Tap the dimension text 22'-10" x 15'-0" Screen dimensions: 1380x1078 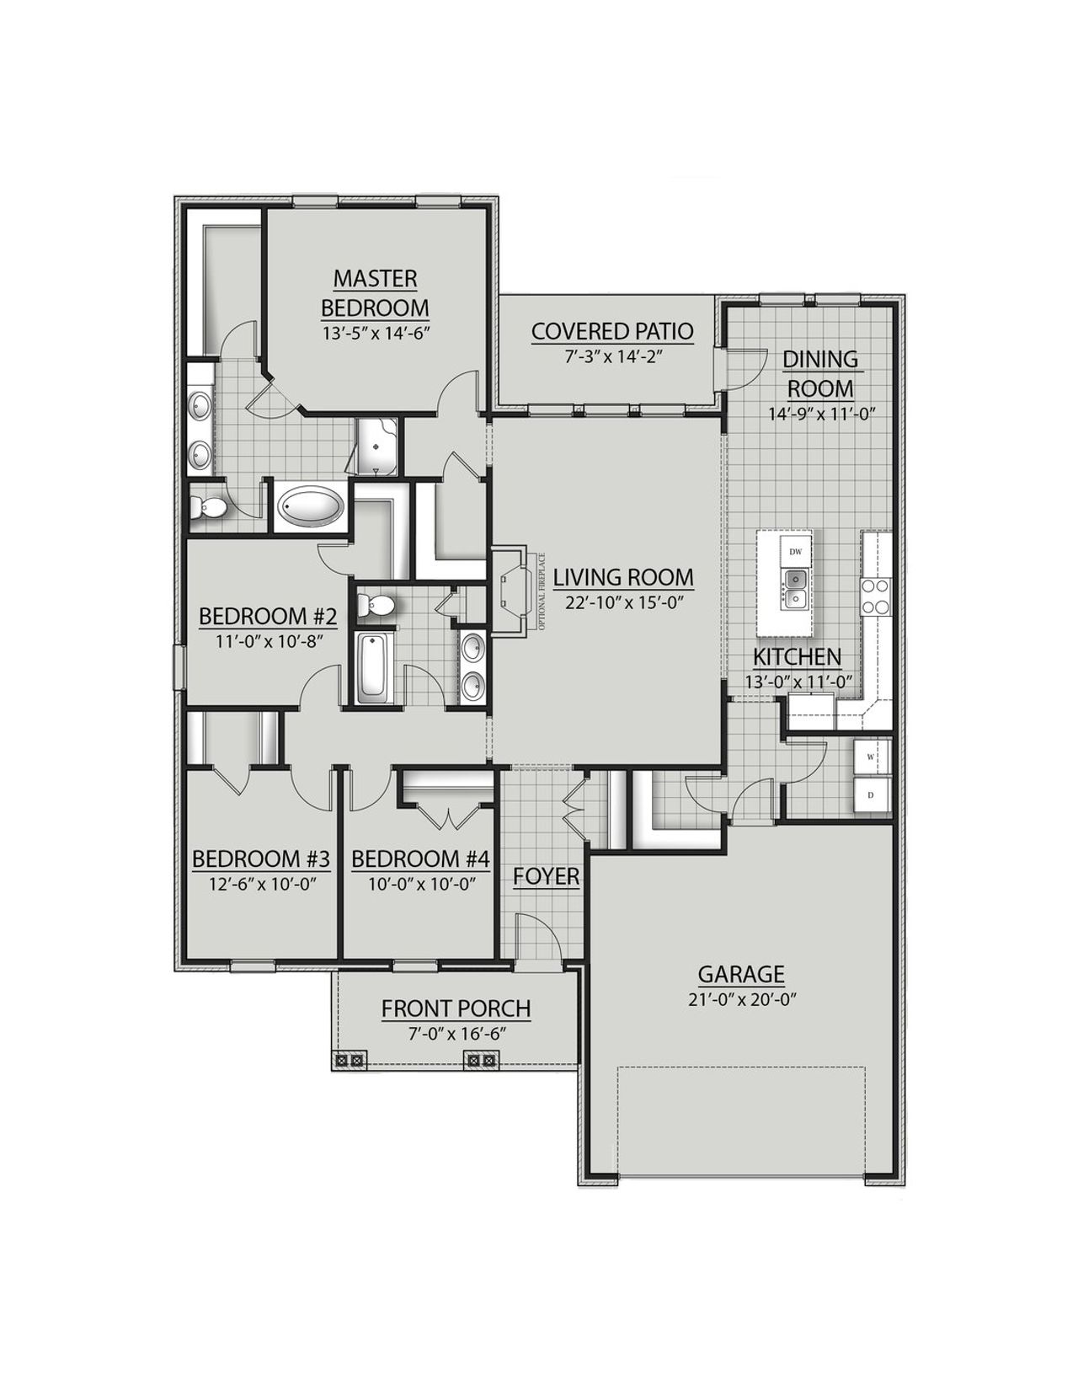[x=622, y=602]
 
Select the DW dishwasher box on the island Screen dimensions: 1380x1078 [x=795, y=551]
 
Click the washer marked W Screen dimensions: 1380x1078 [x=871, y=756]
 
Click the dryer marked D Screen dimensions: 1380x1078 [x=871, y=794]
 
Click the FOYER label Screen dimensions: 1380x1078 [x=547, y=876]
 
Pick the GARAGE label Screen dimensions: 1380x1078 [x=741, y=974]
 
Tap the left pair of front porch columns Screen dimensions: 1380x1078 [x=348, y=1061]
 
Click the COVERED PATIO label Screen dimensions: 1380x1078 [x=612, y=331]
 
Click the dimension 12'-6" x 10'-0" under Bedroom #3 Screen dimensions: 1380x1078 [x=260, y=884]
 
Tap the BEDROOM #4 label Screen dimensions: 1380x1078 [x=419, y=859]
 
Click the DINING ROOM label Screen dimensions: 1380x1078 [x=820, y=373]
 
